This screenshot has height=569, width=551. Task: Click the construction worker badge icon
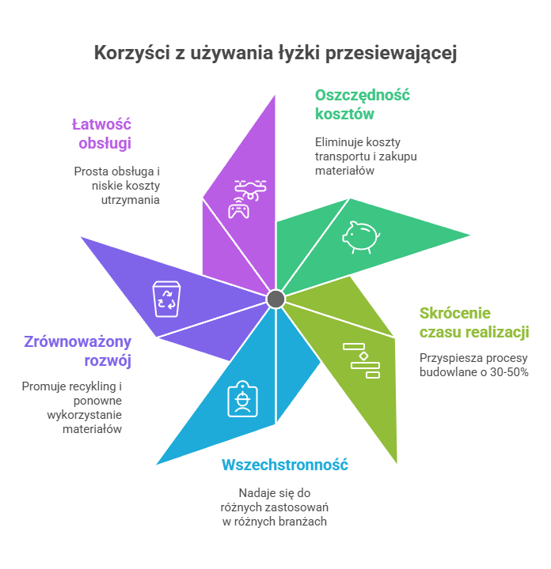(240, 399)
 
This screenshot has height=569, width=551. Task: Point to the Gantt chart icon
(361, 360)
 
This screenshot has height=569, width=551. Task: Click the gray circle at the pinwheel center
(275, 298)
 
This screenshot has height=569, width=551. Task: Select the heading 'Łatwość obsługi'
(104, 134)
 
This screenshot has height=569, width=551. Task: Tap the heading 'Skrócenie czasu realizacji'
(473, 322)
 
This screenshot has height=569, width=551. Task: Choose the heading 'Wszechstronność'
(285, 465)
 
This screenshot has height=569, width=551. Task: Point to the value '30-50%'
(507, 371)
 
